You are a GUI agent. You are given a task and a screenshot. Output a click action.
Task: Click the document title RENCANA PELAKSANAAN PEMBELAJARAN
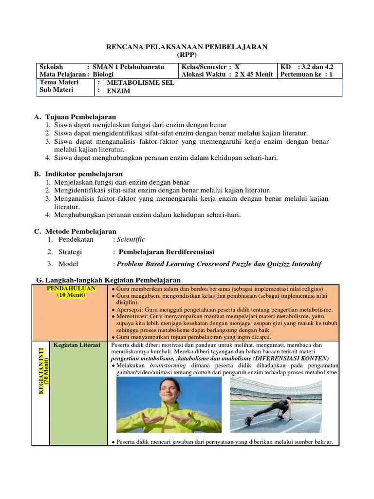pyautogui.click(x=187, y=46)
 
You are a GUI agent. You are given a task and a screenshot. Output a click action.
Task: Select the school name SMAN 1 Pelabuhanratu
pyautogui.click(x=128, y=67)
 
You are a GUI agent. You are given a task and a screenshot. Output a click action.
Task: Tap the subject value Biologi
pyautogui.click(x=103, y=75)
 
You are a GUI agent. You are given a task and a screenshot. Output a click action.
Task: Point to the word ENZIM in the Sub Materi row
pyautogui.click(x=118, y=91)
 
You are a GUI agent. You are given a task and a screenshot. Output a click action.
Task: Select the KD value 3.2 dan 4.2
pyautogui.click(x=316, y=67)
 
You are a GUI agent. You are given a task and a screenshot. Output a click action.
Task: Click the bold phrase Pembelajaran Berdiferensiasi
pyautogui.click(x=167, y=252)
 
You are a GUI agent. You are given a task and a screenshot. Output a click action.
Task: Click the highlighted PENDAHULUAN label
pyautogui.click(x=71, y=288)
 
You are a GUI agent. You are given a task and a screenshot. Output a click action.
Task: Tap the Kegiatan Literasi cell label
pyautogui.click(x=77, y=345)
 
